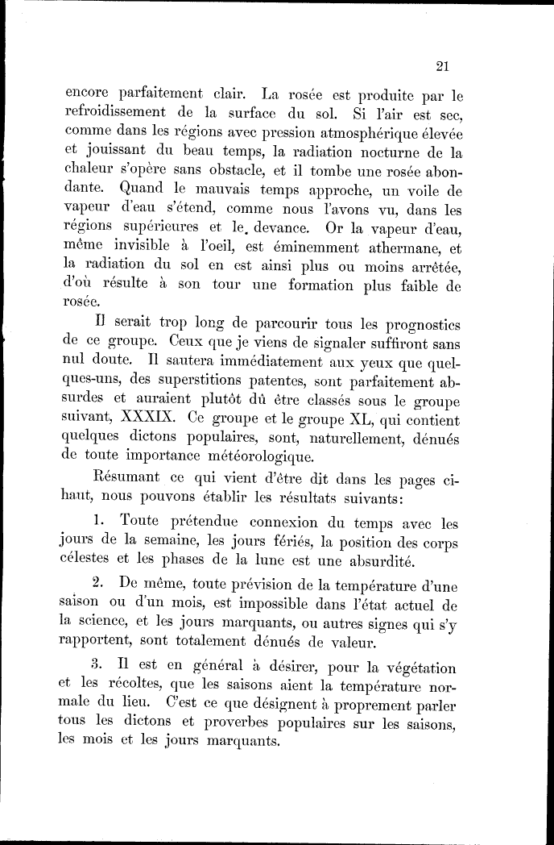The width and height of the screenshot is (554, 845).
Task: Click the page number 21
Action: [440, 66]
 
